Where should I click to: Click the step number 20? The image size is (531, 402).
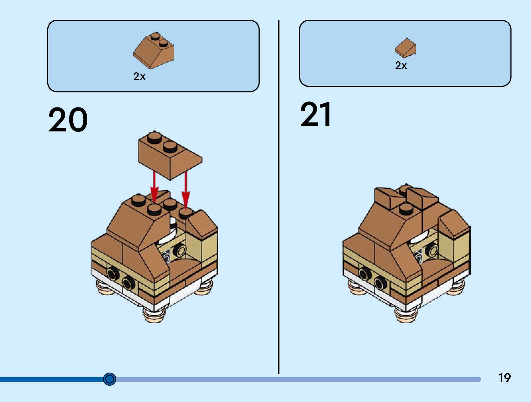point(68,120)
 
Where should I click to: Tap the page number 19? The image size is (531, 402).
point(504,378)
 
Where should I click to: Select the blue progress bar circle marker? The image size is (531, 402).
point(110,379)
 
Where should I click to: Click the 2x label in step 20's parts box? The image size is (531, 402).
point(139,76)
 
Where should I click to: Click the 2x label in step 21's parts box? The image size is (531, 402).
point(401,65)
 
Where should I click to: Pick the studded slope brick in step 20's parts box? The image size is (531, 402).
point(154,51)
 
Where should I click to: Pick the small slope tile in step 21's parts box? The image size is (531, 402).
point(405,48)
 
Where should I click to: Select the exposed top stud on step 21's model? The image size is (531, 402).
point(406,209)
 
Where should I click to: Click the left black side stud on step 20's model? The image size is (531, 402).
point(113,274)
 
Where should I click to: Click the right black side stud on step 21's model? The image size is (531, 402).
point(380,283)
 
